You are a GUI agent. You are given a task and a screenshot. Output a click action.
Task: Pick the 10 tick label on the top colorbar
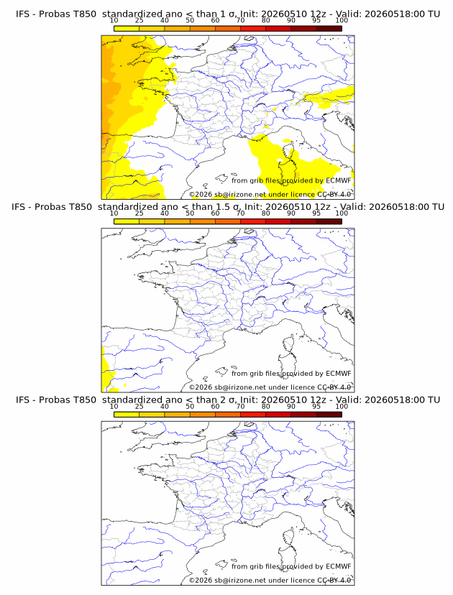[x=114, y=21]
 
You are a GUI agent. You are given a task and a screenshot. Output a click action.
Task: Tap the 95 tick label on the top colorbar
[x=316, y=21]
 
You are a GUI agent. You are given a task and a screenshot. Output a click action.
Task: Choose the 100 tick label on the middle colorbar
[x=342, y=213]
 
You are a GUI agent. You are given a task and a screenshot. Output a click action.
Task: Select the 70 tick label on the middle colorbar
[x=240, y=213]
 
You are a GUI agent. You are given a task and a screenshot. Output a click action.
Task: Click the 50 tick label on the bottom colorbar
[x=190, y=407]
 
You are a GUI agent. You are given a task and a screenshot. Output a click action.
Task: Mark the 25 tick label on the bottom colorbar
[x=139, y=407]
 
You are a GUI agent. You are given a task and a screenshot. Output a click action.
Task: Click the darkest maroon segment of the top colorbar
[x=329, y=29]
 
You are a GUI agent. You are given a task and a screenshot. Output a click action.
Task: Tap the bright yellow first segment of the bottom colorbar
[x=127, y=415]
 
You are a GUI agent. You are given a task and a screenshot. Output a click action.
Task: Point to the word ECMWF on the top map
[x=339, y=180]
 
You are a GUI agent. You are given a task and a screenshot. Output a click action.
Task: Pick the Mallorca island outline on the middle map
[x=221, y=372]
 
